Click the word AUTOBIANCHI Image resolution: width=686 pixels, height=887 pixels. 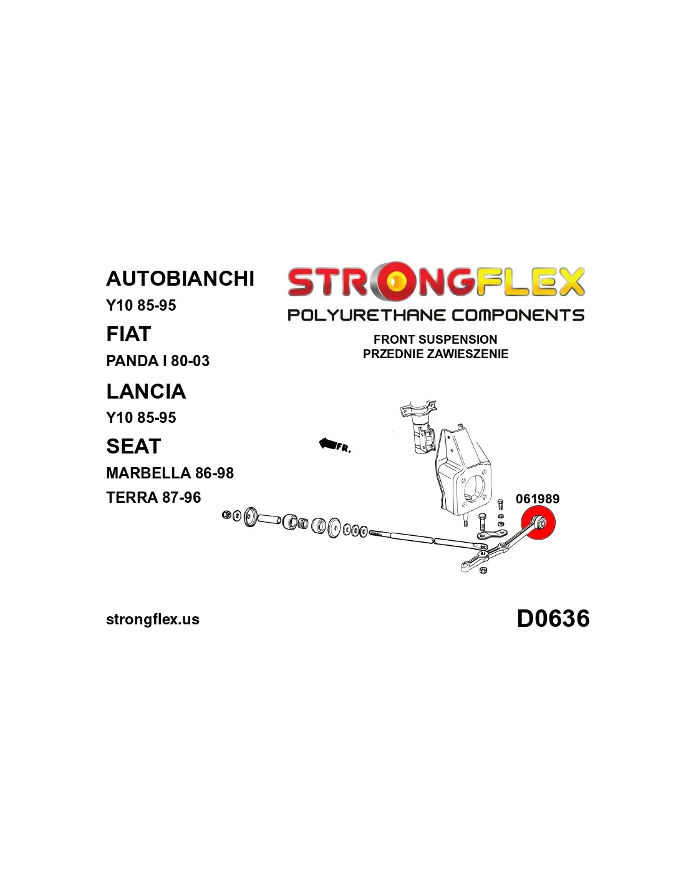(x=180, y=278)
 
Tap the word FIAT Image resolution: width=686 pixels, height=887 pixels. (x=128, y=334)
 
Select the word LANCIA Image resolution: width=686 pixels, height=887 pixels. (x=146, y=391)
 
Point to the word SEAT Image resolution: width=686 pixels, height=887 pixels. (x=133, y=447)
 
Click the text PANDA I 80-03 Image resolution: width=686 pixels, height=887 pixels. (x=158, y=361)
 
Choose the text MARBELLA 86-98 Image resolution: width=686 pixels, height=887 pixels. (x=170, y=473)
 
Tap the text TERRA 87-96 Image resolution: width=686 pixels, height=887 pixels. (x=153, y=498)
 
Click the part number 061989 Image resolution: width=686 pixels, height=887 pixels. (x=537, y=499)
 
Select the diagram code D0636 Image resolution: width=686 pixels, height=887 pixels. (x=553, y=619)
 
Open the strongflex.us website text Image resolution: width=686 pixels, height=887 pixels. (x=153, y=619)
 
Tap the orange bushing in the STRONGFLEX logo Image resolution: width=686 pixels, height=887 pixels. (x=394, y=282)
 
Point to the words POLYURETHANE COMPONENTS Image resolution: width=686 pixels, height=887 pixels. (x=435, y=315)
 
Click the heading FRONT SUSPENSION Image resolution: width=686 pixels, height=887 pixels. (x=435, y=339)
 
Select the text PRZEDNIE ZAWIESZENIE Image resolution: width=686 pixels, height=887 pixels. (x=435, y=354)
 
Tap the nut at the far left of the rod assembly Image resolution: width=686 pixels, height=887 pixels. (x=227, y=515)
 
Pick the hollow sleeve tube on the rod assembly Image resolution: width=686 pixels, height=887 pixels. (x=269, y=518)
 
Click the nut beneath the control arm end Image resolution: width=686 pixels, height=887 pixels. (x=484, y=570)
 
